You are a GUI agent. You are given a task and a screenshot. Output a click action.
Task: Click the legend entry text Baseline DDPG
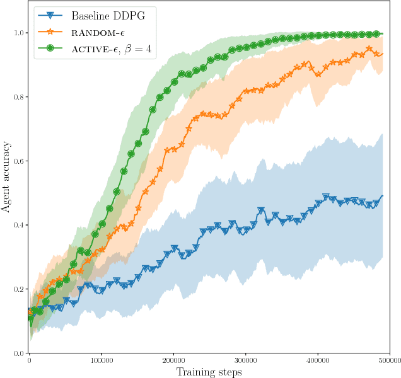tap(108, 16)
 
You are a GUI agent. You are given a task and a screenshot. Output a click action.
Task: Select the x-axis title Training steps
tap(208, 372)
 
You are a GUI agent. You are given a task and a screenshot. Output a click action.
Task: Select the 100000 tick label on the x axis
tap(101, 360)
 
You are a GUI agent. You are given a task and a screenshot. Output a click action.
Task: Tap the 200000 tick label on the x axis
tap(173, 360)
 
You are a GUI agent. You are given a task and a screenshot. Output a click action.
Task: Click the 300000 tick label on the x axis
tap(245, 360)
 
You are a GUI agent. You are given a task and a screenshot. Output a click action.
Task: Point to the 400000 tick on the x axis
tap(318, 360)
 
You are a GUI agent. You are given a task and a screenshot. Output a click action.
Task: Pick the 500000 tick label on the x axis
tap(388, 360)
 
